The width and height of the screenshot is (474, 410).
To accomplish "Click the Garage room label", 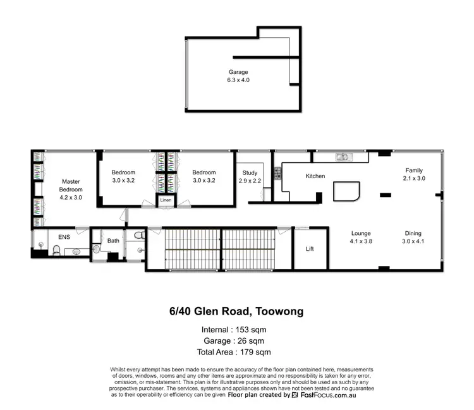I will [x=238, y=72].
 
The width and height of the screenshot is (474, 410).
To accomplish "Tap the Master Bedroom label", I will [x=71, y=184].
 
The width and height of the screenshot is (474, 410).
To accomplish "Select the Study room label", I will [x=250, y=172].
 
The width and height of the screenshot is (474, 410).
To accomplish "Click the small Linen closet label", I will [x=166, y=200].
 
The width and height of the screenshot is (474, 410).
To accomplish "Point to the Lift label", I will [x=310, y=249].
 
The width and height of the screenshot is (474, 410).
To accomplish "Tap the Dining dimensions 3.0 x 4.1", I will [x=413, y=241].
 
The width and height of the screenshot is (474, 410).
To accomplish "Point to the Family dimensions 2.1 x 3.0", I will [x=414, y=179].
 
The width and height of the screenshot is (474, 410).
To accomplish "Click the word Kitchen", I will [x=315, y=176].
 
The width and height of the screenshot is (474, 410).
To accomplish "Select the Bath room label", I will [x=113, y=240].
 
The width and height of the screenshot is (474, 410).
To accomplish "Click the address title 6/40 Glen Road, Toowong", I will [x=236, y=311].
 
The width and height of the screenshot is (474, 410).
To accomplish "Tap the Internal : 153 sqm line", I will [x=236, y=330].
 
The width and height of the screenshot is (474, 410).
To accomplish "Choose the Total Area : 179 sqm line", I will [x=236, y=352].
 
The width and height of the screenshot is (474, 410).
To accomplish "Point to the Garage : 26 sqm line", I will [x=236, y=341].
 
